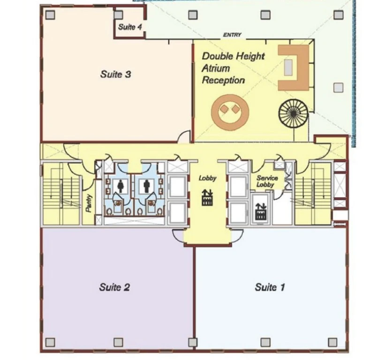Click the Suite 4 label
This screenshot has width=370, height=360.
(x=130, y=27)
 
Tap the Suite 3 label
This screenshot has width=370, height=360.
(x=115, y=74)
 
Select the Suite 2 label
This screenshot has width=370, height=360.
(x=114, y=287)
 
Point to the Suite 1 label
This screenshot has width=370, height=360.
(x=270, y=287)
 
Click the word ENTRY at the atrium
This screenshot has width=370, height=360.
(x=232, y=35)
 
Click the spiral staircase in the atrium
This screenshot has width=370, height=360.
(x=293, y=114)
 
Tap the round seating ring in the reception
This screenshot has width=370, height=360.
(x=230, y=112)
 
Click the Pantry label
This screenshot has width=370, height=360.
(x=89, y=203)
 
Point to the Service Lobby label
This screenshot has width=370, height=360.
(x=267, y=181)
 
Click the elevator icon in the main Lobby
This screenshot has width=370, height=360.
(x=207, y=197)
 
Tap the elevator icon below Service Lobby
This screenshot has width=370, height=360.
(x=261, y=211)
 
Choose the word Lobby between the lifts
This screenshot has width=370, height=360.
(x=207, y=178)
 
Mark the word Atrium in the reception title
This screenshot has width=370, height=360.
(x=216, y=68)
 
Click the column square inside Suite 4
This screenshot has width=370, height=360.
(x=118, y=15)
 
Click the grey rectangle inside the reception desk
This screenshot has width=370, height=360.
(x=288, y=67)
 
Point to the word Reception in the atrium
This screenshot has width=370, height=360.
(x=223, y=80)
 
